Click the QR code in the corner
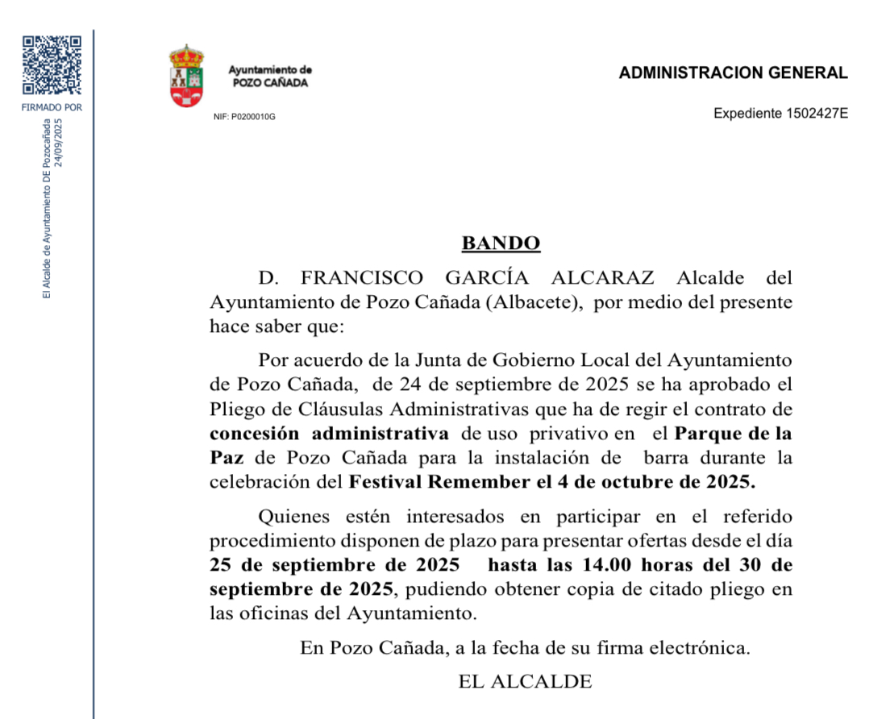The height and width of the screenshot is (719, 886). pos(52,65)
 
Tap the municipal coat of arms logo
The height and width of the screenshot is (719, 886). pos(186,77)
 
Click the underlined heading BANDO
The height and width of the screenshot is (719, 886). pos(501,243)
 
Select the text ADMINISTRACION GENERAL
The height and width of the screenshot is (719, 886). pos(733,73)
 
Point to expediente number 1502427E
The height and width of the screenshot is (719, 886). pos(817,114)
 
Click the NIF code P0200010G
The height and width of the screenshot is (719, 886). pos(254,117)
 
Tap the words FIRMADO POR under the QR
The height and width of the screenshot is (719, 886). pos(52,107)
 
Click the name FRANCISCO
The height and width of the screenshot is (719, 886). pos(361,279)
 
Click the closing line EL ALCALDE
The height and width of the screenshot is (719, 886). pos(525,681)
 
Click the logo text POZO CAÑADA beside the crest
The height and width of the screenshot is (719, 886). pos(270,83)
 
